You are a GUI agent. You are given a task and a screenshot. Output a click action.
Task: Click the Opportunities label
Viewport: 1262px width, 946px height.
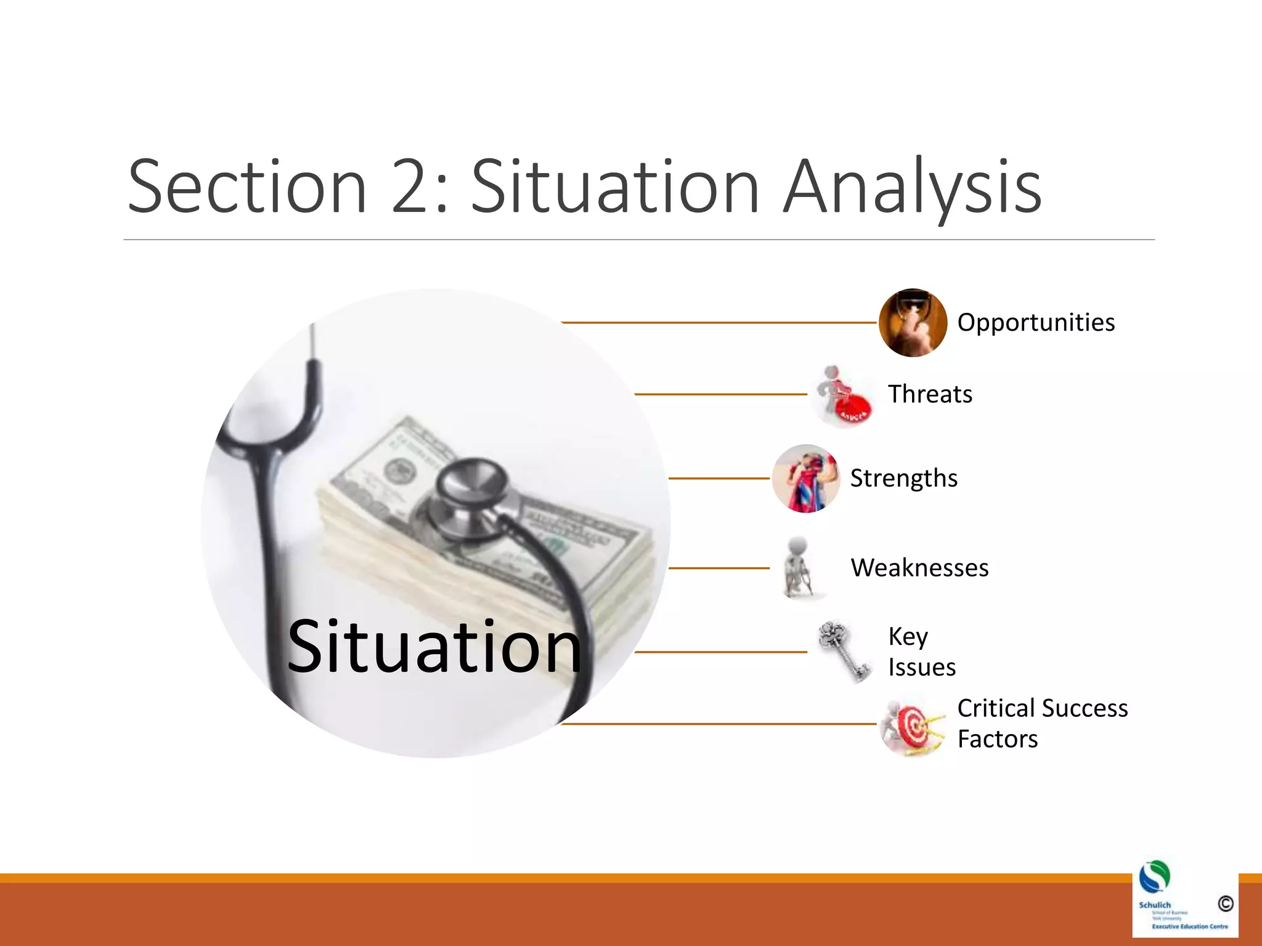[x=1036, y=323]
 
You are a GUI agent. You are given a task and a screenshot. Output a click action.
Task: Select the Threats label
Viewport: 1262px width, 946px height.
[x=930, y=394]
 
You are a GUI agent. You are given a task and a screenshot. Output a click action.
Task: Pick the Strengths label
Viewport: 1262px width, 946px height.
[x=904, y=479]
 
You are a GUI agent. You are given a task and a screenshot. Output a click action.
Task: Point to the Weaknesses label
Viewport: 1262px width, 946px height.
[x=919, y=568]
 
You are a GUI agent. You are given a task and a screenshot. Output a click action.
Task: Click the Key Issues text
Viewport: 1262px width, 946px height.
[x=921, y=652]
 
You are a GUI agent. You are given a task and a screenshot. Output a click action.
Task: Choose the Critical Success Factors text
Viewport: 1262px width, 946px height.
[x=1042, y=724]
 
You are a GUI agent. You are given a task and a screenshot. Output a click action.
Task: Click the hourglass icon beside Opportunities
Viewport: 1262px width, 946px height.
[x=913, y=323]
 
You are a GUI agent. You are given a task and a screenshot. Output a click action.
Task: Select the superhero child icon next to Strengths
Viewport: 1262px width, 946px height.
[x=806, y=479]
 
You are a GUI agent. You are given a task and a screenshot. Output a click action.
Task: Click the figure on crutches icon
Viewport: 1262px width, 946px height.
[x=799, y=568]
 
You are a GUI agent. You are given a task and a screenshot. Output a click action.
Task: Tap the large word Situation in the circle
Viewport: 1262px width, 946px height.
[x=434, y=647]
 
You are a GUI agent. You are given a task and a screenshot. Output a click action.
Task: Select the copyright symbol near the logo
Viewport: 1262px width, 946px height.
[x=1225, y=904]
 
